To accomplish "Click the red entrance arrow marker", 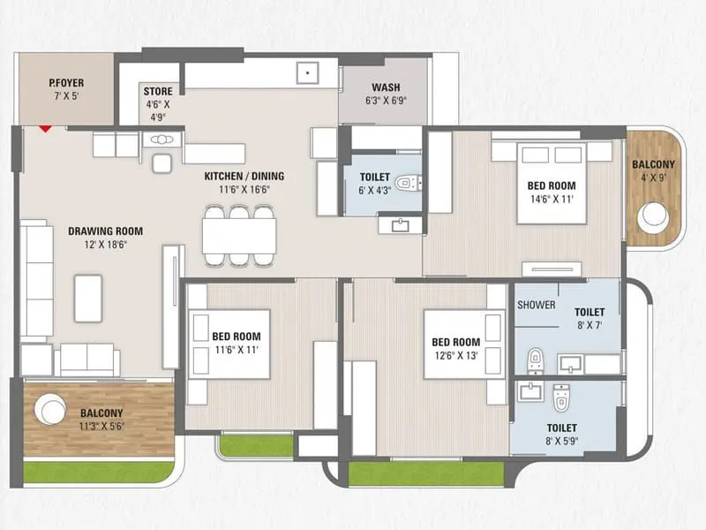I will tap(42, 129).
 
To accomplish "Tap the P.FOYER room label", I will tap(65, 85).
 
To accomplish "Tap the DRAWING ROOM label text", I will tap(105, 231).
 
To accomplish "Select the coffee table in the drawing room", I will tap(88, 298).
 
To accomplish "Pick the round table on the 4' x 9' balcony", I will tap(655, 216).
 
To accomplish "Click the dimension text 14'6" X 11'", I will tap(551, 201).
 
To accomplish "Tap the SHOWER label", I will tap(537, 305).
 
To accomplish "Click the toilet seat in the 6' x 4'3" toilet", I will tap(405, 184).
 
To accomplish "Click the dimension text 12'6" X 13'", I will tap(455, 356).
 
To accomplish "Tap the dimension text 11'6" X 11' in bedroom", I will tap(236, 351).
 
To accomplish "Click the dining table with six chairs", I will tap(238, 236).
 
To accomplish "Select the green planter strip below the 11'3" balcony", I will tap(97, 473).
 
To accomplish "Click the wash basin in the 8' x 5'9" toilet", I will tap(531, 391).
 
